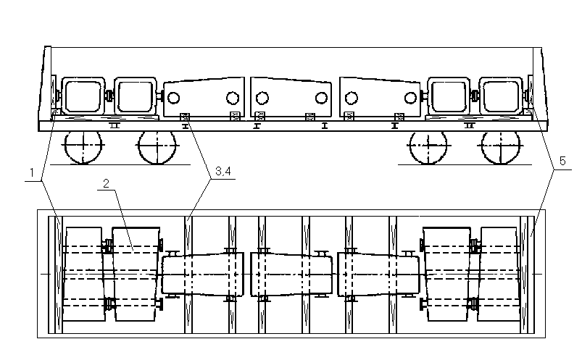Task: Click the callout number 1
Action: pos(33,173)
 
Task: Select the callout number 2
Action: pos(106,183)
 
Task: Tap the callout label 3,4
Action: pos(223,171)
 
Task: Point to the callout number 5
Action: pos(562,161)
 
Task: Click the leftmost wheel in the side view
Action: pos(83,146)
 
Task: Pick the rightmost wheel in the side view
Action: pos(500,146)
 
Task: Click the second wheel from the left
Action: pos(157,146)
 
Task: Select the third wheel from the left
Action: pos(428,146)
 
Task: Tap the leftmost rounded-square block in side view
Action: pos(83,96)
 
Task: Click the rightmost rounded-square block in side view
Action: pos(501,96)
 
